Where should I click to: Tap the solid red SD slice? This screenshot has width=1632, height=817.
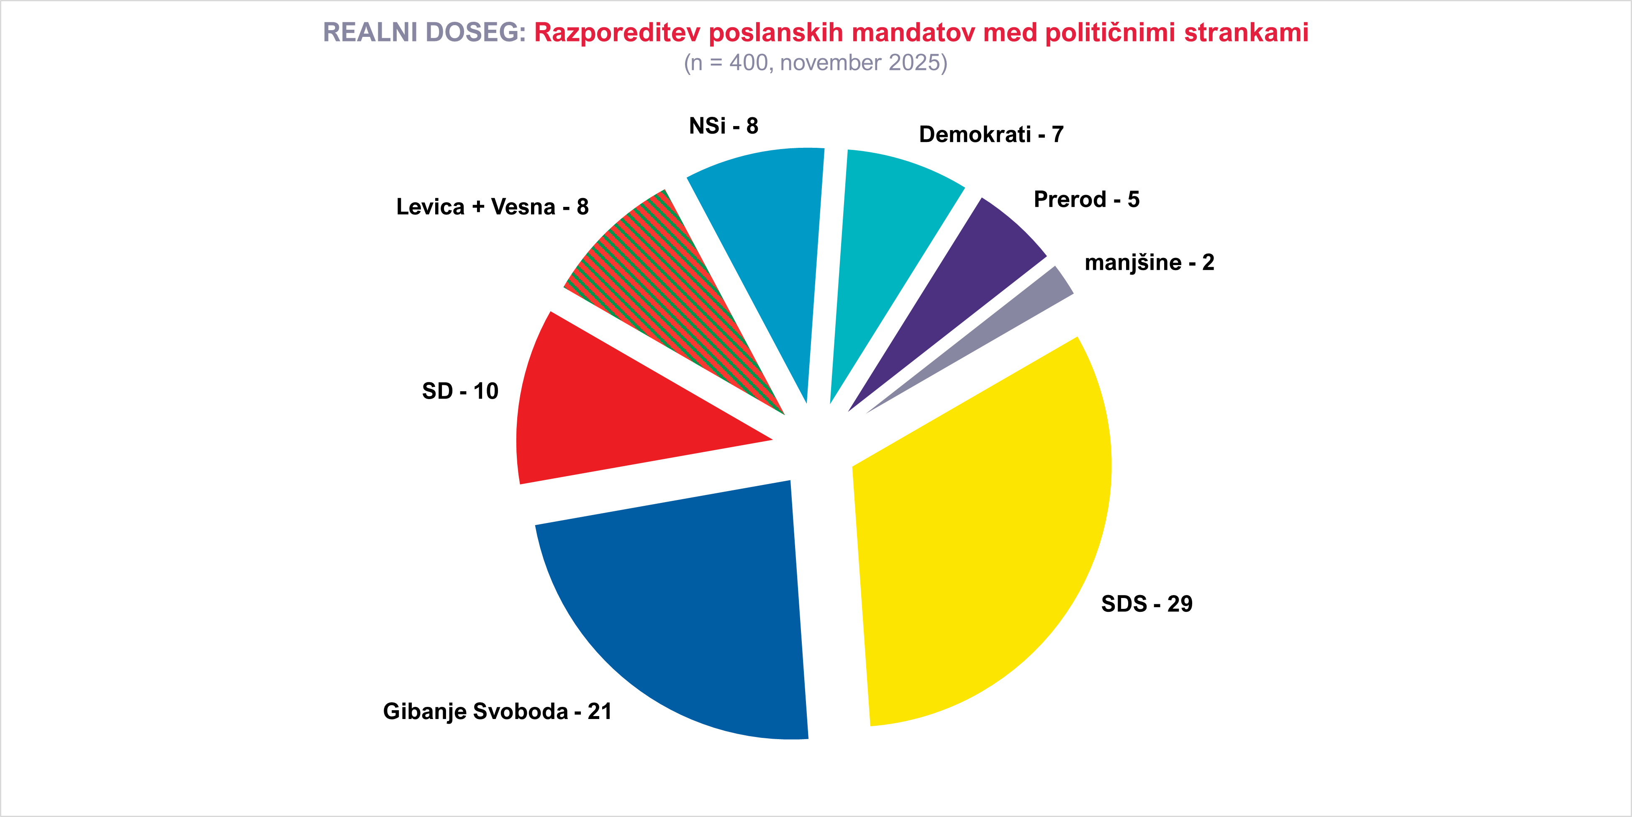[608, 412]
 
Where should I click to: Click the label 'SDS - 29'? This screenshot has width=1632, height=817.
[1147, 604]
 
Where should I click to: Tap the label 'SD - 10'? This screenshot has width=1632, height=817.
[460, 391]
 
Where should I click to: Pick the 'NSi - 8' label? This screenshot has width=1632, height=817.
[724, 126]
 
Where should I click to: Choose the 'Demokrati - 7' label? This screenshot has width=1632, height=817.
[991, 134]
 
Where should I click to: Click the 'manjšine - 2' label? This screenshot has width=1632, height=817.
[1149, 263]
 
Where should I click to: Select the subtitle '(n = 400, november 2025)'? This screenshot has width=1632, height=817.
[815, 63]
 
